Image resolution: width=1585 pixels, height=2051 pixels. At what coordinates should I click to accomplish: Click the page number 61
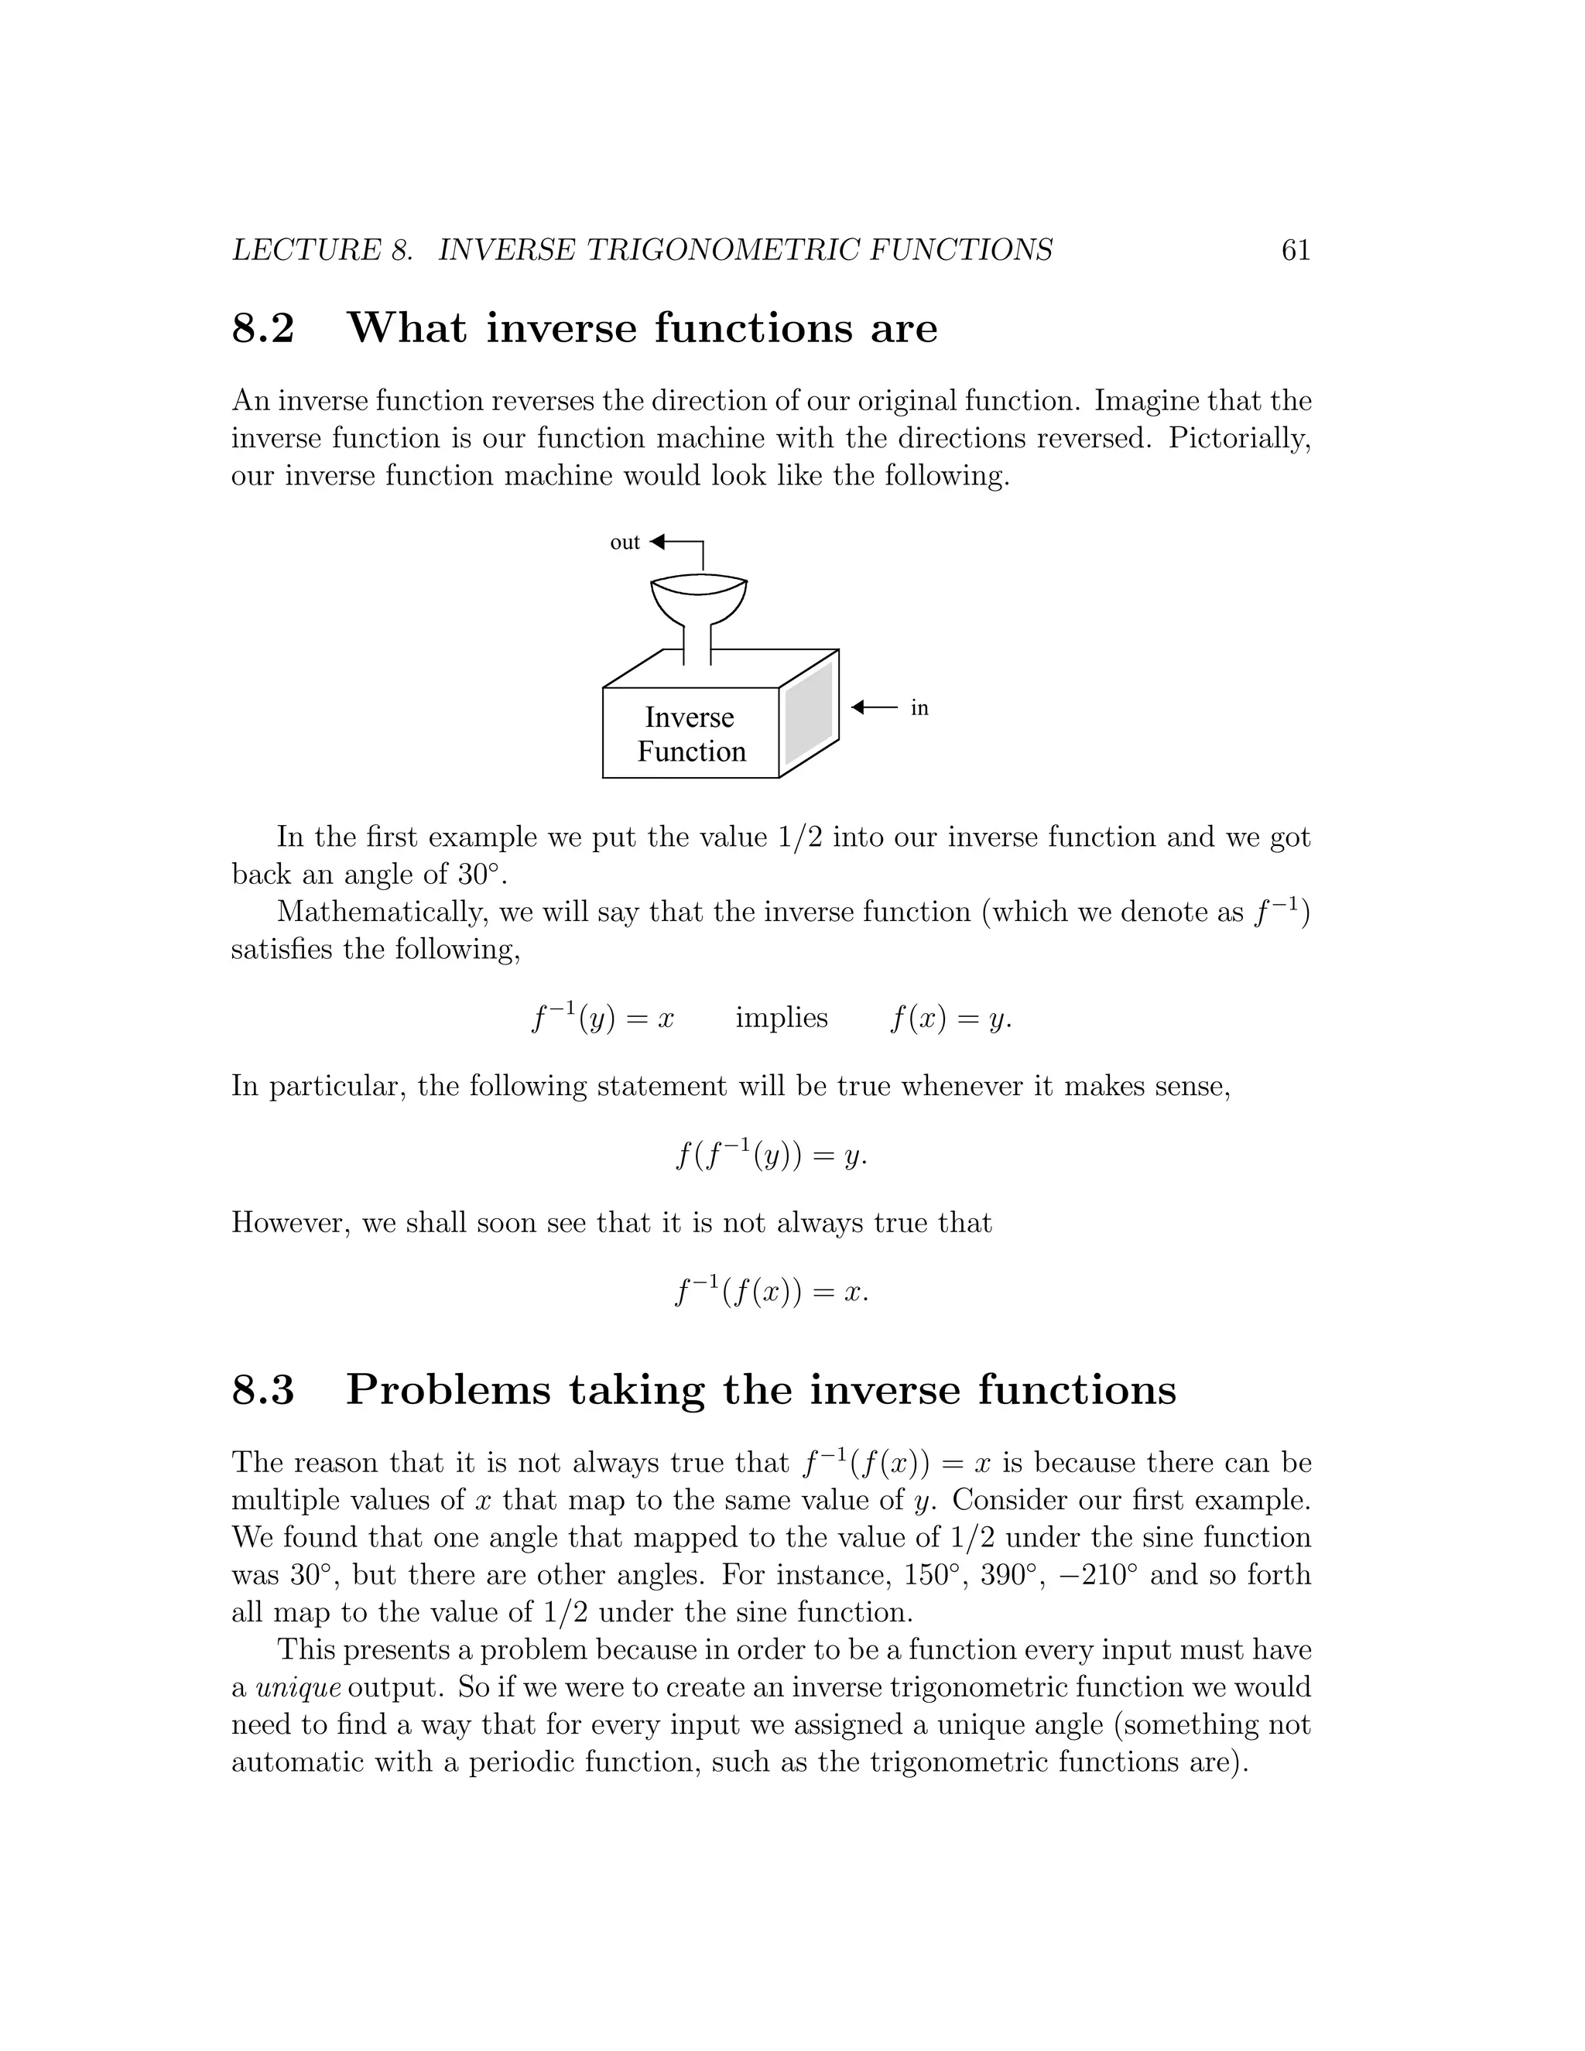pyautogui.click(x=1295, y=250)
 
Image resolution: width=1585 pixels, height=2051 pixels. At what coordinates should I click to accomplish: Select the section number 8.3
pyautogui.click(x=263, y=1390)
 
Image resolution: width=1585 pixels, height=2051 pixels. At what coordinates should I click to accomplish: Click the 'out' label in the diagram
pyautogui.click(x=625, y=542)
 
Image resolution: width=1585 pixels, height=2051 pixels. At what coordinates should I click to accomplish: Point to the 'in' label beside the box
pyautogui.click(x=919, y=708)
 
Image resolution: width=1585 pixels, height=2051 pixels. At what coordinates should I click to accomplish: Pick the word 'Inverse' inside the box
pyautogui.click(x=690, y=717)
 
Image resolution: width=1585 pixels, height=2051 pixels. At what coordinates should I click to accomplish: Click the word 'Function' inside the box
pyautogui.click(x=691, y=752)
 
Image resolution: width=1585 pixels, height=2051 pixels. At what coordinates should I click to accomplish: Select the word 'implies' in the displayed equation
pyautogui.click(x=781, y=1018)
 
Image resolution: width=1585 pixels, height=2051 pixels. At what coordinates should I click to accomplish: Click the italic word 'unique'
pyautogui.click(x=298, y=1687)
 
